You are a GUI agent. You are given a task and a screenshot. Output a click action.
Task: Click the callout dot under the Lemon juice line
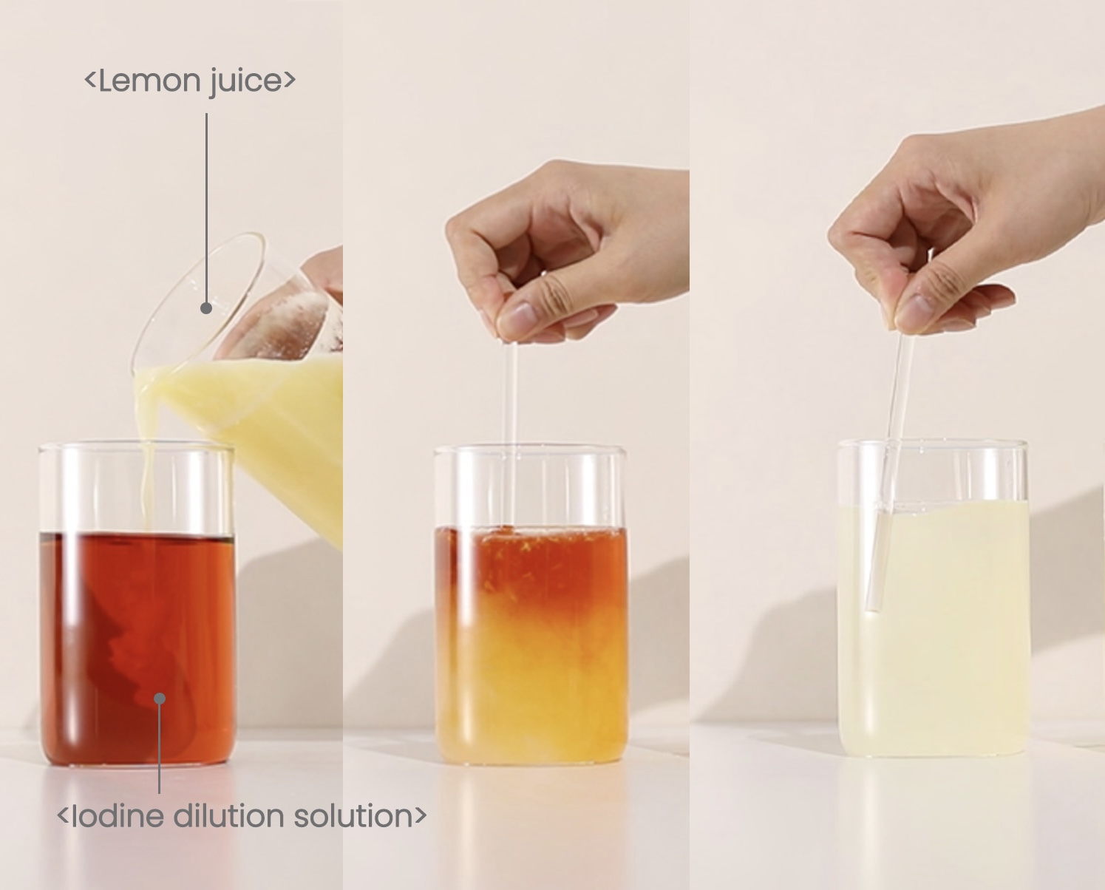pyautogui.click(x=206, y=308)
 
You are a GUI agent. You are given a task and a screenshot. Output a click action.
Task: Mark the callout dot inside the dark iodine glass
pyautogui.click(x=160, y=699)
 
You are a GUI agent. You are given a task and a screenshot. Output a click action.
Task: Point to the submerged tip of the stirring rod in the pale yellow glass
pyautogui.click(x=873, y=608)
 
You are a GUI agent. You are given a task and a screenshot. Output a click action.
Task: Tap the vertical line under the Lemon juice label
pyautogui.click(x=206, y=208)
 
